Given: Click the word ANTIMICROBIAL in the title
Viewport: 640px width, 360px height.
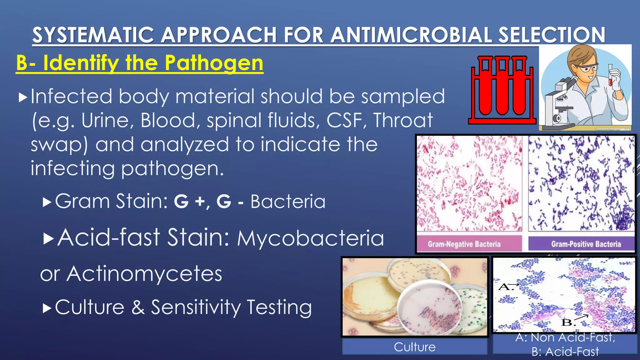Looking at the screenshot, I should click(411, 35).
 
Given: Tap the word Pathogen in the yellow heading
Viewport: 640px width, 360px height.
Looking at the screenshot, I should click(214, 63).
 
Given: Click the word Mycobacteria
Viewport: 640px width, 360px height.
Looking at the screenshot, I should click(310, 238).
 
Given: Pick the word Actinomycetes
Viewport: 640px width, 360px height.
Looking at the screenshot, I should click(144, 274).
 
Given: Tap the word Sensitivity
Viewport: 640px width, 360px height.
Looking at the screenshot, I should click(196, 307).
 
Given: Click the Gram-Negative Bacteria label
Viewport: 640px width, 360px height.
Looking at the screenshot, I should click(464, 244).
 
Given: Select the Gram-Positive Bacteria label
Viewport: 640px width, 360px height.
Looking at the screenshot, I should click(586, 244).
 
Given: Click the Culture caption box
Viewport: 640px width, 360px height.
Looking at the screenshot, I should click(415, 347).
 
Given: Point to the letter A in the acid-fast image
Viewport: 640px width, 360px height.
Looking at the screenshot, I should click(505, 287).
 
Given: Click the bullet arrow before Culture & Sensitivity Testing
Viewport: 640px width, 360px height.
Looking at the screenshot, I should click(47, 308).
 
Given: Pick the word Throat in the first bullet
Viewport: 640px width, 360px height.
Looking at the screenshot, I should click(403, 120).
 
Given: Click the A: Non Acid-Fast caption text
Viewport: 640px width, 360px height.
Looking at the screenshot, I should click(565, 337).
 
